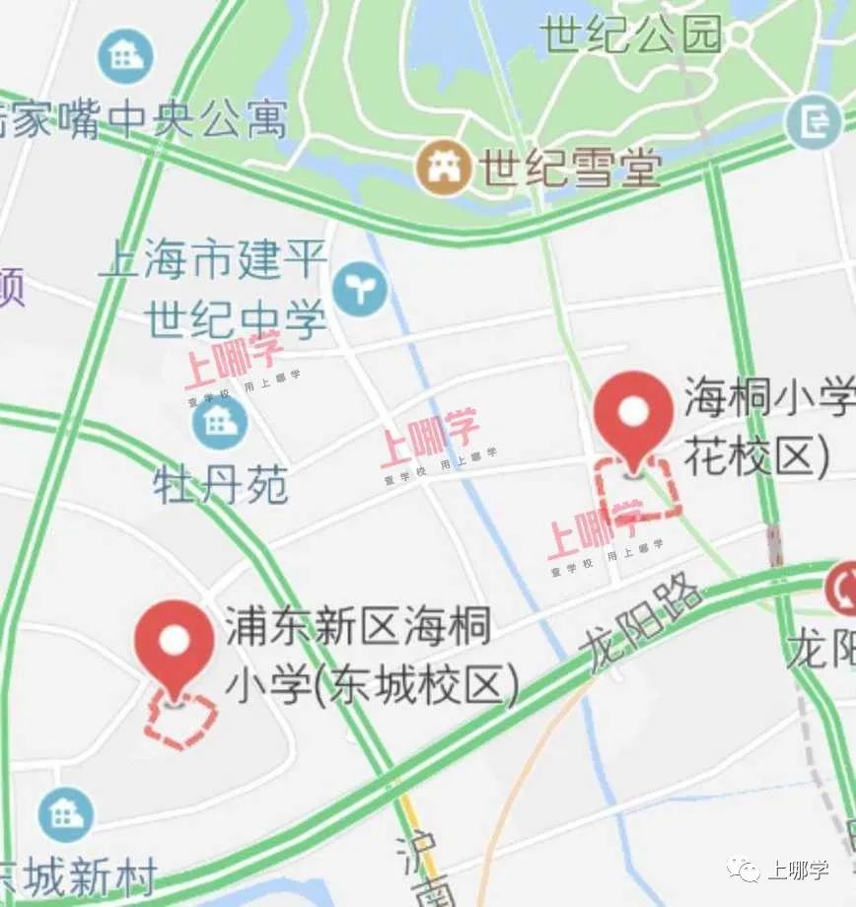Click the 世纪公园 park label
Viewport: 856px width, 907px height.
pos(631,35)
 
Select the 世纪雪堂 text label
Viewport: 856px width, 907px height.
pos(569,169)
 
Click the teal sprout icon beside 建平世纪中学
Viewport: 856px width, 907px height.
pos(360,288)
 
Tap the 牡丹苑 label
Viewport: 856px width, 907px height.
pos(221,484)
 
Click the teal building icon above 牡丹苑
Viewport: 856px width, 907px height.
pos(220,421)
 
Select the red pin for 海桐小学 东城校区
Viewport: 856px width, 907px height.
pos(175,646)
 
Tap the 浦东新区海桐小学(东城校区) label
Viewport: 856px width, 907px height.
pos(370,656)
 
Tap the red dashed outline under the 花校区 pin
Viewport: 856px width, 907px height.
pos(640,490)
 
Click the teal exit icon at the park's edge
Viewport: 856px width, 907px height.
pos(815,122)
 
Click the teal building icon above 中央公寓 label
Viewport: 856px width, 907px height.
pos(126,56)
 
